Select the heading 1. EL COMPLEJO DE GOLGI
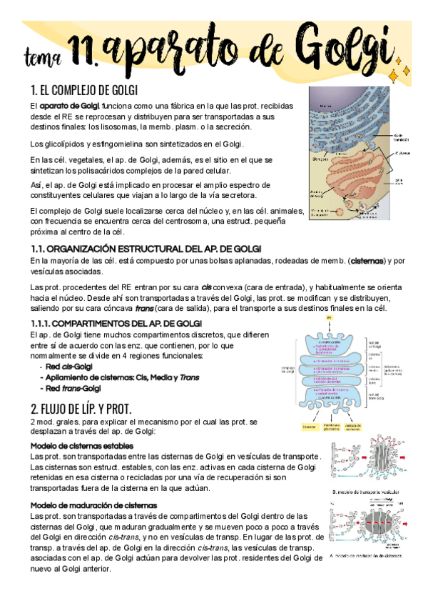point(83,90)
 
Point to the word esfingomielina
point(101,144)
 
